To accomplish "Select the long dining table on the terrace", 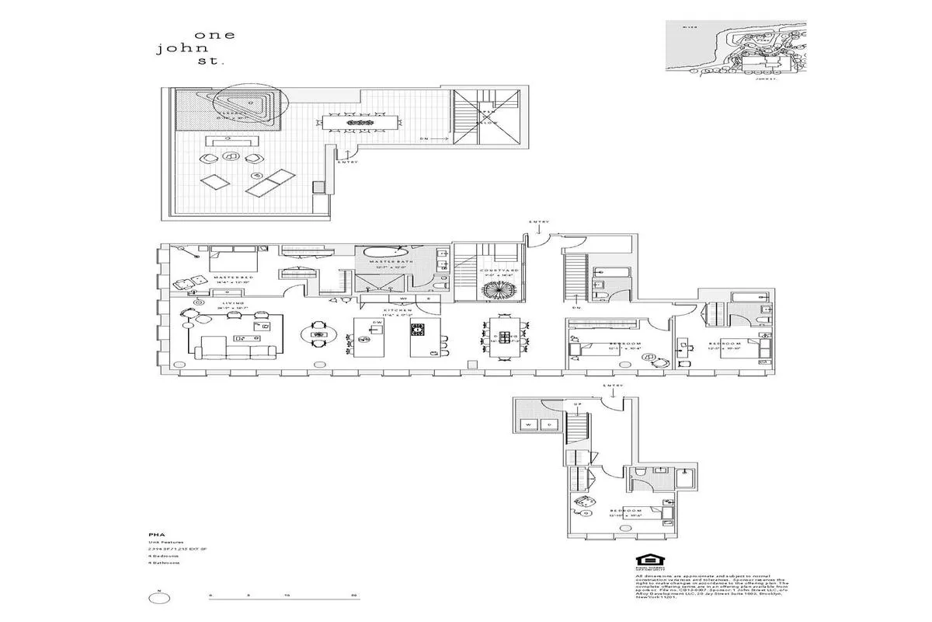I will point(360,123).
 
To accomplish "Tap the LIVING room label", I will point(232,303).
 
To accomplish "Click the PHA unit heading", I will point(154,535).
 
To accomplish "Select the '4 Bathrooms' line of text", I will point(165,563).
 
